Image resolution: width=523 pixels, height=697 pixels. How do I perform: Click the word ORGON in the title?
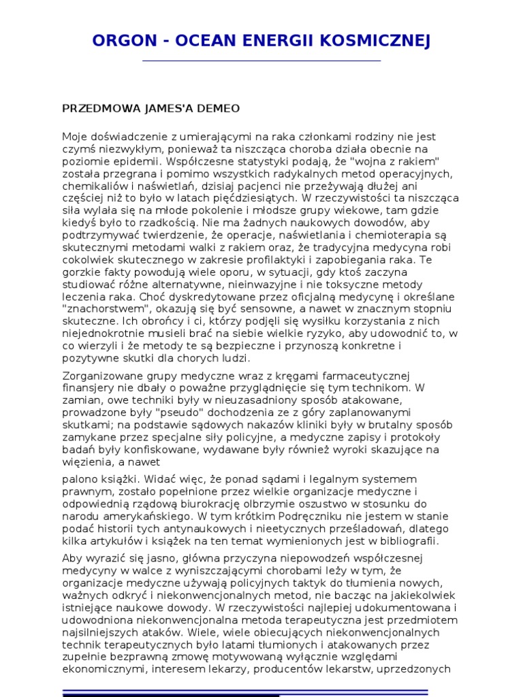tap(125, 42)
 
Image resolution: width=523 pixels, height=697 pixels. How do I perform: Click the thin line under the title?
tap(261, 61)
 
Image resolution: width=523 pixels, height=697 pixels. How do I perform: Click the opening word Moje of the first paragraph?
tap(75, 136)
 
